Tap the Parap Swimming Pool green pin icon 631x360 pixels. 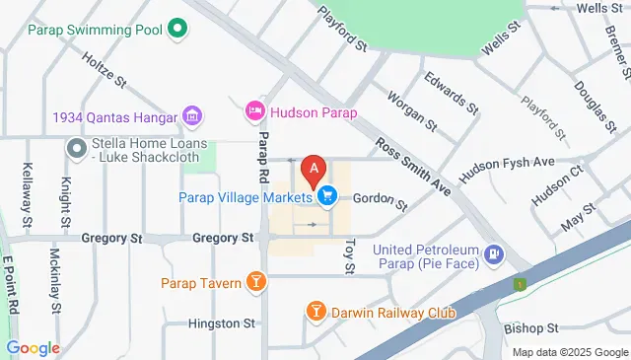point(177,30)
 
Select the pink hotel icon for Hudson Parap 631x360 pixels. point(255,109)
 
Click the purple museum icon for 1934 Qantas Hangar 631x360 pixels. point(193,117)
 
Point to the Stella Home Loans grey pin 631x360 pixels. point(76,149)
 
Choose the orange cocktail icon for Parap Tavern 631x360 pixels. point(255,283)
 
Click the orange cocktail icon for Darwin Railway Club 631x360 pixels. point(315,313)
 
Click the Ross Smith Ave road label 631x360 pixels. point(412,166)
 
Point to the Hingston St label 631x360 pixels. point(222,324)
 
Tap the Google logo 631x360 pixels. point(33,348)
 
